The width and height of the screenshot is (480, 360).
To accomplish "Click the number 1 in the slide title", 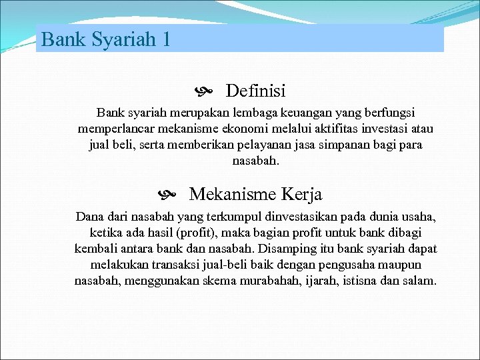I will pyautogui.click(x=165, y=39).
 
